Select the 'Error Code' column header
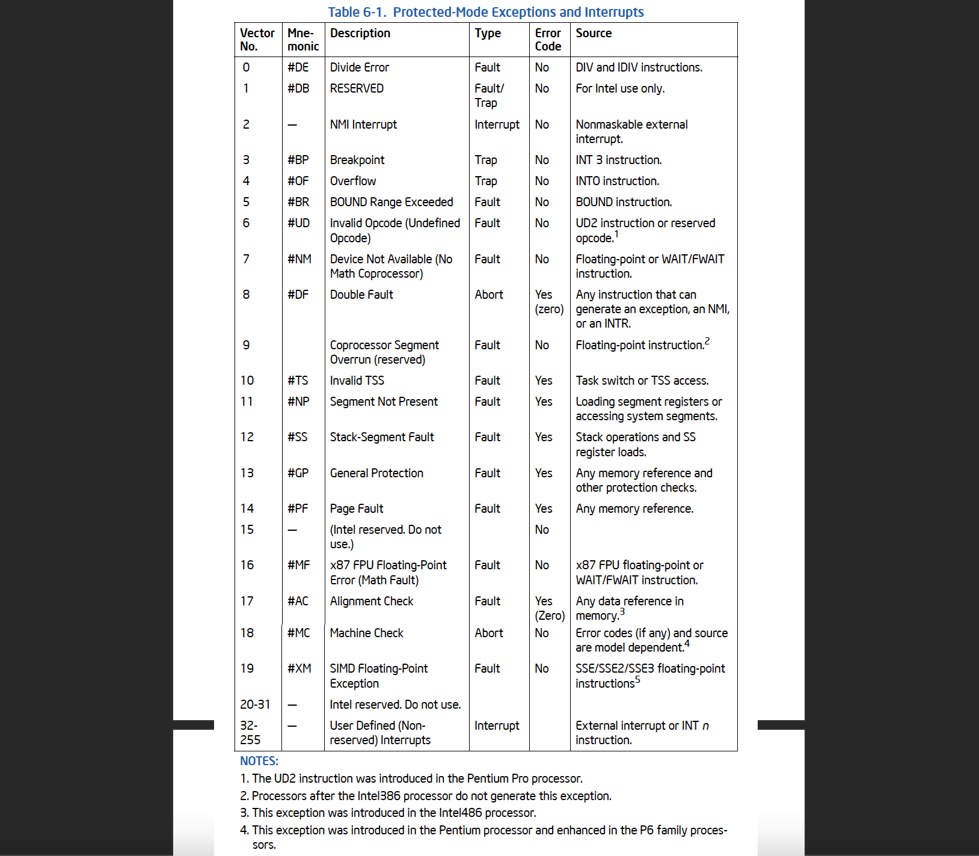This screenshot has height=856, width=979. pos(548,40)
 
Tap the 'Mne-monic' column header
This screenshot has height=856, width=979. pos(302,40)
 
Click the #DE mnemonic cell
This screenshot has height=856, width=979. pos(298,67)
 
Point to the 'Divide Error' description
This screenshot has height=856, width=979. pos(359,67)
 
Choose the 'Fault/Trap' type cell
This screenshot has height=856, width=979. pos(489,96)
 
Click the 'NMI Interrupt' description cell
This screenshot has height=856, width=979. pos(363,124)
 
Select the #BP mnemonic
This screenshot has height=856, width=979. pos(298,160)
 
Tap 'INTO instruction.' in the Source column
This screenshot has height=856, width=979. pos(617,181)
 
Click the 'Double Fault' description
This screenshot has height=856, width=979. pos(361,295)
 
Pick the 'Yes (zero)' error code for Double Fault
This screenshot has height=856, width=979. pos(549,302)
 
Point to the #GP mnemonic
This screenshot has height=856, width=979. pos(298,473)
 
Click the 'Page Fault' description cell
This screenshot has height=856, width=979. pos(357,509)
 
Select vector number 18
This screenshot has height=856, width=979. pos(247,633)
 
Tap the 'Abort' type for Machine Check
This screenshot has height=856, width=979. pos(489,633)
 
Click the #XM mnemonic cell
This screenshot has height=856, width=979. pos(299,668)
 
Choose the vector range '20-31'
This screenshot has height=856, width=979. pos(255,705)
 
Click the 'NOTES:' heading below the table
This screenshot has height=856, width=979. pos(259,761)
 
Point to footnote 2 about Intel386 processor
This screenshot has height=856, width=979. pos(425,796)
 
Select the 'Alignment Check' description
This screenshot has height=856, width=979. pos(372,601)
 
